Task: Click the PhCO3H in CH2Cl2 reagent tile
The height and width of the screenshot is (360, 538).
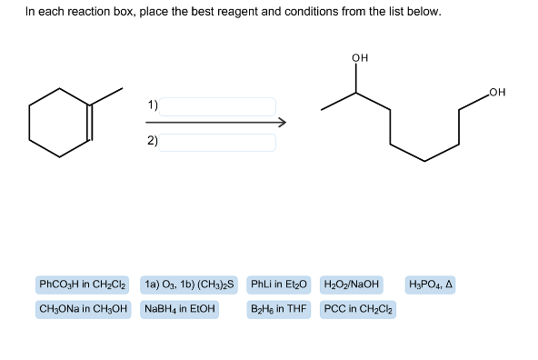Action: click(x=82, y=285)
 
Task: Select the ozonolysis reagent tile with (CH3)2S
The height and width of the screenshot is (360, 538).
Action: click(x=189, y=285)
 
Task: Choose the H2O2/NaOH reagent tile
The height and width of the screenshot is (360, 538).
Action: click(x=352, y=285)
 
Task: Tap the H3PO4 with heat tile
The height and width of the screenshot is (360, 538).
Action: click(x=431, y=285)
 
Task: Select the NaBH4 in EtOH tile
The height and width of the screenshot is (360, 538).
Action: click(x=179, y=309)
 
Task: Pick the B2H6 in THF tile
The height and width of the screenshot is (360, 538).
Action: click(x=279, y=309)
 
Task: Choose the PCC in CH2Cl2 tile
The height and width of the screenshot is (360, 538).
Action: click(x=356, y=309)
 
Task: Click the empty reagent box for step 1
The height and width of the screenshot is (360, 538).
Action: click(x=219, y=106)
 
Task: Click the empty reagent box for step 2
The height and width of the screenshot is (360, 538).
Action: click(x=219, y=142)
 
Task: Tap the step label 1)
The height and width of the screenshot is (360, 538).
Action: click(x=153, y=105)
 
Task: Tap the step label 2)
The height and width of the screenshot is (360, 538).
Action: click(x=153, y=141)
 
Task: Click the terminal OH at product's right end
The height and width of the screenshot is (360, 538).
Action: click(x=496, y=91)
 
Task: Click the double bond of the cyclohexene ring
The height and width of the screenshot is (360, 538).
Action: click(x=90, y=124)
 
